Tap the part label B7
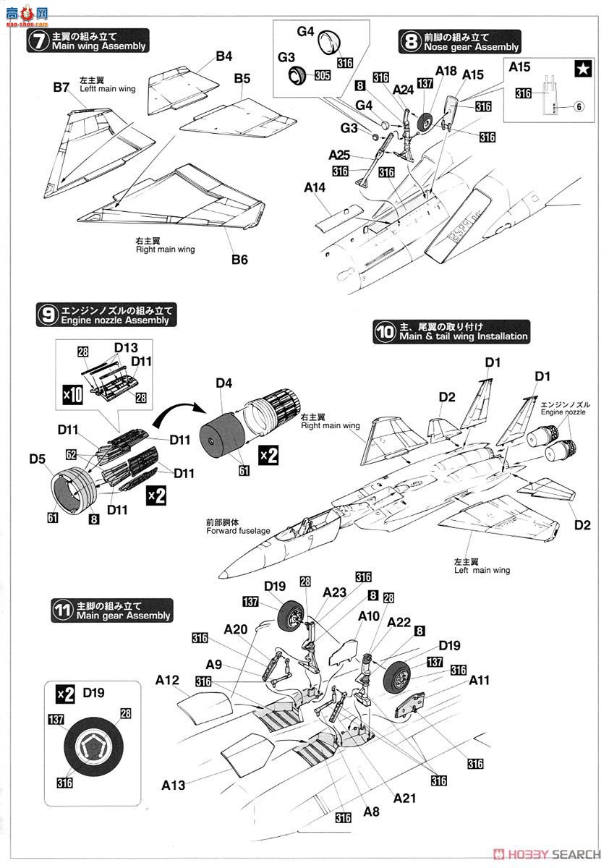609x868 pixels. click(x=61, y=88)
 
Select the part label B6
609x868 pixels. click(x=239, y=259)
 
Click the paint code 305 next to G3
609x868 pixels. click(x=323, y=75)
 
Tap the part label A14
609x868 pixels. click(x=315, y=187)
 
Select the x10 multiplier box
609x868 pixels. click(x=73, y=395)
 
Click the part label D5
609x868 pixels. click(x=37, y=459)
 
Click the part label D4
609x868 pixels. click(x=224, y=383)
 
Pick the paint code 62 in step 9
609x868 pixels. click(x=71, y=454)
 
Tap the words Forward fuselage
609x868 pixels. click(x=238, y=530)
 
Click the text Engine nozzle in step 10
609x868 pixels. click(x=563, y=412)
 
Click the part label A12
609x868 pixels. click(x=167, y=680)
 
